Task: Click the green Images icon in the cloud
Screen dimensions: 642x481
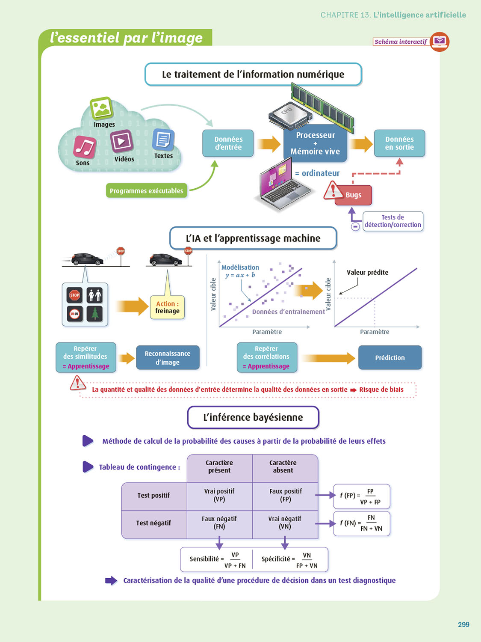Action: [x=101, y=108]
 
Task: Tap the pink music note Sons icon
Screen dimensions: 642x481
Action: [x=85, y=147]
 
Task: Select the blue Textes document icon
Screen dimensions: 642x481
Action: [x=163, y=140]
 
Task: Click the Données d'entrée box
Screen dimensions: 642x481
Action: [x=228, y=143]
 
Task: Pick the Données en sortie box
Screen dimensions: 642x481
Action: [x=399, y=143]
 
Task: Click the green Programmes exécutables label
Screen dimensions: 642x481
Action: [x=146, y=191]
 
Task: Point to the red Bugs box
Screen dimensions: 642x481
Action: [x=354, y=195]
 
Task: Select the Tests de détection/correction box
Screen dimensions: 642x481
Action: [x=393, y=221]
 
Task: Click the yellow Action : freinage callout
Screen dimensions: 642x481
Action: [x=167, y=307]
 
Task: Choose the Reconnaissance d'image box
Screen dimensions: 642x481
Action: [x=168, y=358]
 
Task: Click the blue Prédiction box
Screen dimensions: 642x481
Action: [x=390, y=358]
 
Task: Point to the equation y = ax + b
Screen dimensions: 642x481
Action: [x=240, y=275]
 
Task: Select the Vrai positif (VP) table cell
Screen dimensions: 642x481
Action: [x=219, y=496]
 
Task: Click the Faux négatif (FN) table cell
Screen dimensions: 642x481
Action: [x=219, y=523]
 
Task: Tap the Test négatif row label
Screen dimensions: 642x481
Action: [x=153, y=523]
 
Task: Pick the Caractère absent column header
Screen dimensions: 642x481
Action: [x=283, y=467]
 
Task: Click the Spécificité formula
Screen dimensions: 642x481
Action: [x=290, y=560]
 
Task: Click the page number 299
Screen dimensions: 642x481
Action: [x=463, y=624]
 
